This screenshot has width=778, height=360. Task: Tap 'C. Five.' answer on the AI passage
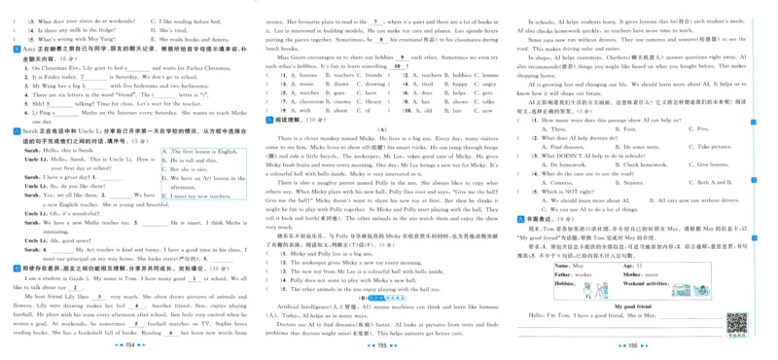699,128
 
